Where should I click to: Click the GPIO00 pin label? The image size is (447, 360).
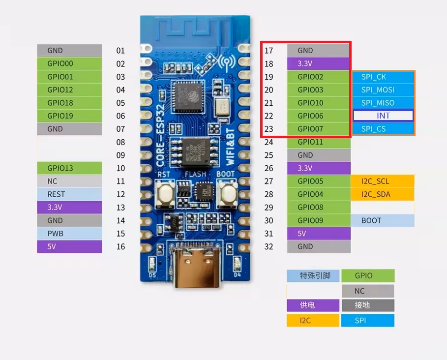click(69, 63)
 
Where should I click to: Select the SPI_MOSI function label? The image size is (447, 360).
click(383, 90)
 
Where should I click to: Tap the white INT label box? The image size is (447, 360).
click(383, 116)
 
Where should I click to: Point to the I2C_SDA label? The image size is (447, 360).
click(382, 194)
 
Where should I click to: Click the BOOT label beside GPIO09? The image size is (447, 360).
click(382, 220)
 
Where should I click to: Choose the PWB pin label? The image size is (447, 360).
click(69, 234)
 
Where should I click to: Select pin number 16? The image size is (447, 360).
click(121, 247)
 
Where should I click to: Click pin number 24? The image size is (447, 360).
click(268, 142)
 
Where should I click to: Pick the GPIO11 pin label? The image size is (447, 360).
click(319, 142)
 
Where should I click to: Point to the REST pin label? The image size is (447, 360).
click(69, 194)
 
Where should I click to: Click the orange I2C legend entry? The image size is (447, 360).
click(313, 321)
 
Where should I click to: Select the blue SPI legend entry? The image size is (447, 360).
click(367, 321)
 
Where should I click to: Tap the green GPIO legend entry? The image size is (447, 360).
click(367, 276)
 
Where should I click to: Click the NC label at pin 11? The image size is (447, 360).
click(69, 181)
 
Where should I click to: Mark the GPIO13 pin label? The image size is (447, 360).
click(69, 168)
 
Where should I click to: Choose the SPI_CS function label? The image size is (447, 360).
click(383, 129)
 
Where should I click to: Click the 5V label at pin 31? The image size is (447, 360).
click(319, 234)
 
